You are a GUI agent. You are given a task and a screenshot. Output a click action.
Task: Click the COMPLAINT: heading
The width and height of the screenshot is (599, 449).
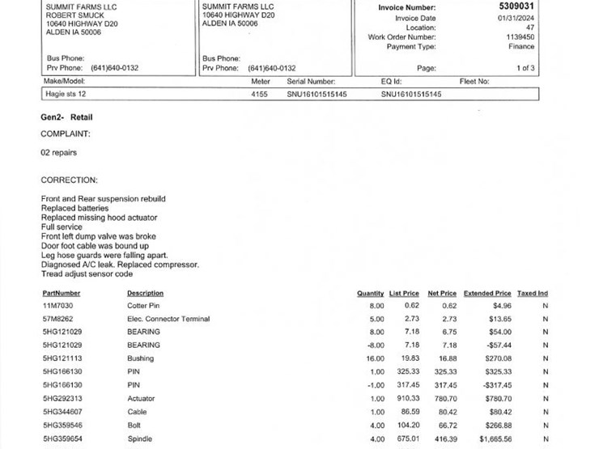point(66,133)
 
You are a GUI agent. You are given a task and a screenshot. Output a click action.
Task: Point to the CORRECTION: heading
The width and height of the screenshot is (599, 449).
point(69,180)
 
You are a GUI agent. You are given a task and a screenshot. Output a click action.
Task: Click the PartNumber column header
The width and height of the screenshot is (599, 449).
point(62,293)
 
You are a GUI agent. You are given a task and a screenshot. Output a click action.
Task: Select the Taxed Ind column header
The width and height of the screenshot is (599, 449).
point(533,293)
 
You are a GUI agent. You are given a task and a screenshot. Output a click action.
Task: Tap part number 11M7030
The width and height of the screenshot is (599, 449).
point(57,306)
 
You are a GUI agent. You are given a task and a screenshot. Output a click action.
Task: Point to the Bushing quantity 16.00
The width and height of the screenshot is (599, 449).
point(376,358)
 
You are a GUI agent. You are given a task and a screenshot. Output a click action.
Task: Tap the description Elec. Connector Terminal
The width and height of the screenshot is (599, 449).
point(168,319)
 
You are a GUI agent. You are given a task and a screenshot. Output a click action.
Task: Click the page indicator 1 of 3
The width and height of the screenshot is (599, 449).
point(525,68)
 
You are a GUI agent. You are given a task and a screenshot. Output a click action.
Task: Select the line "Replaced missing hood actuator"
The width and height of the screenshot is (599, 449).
point(99,218)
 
